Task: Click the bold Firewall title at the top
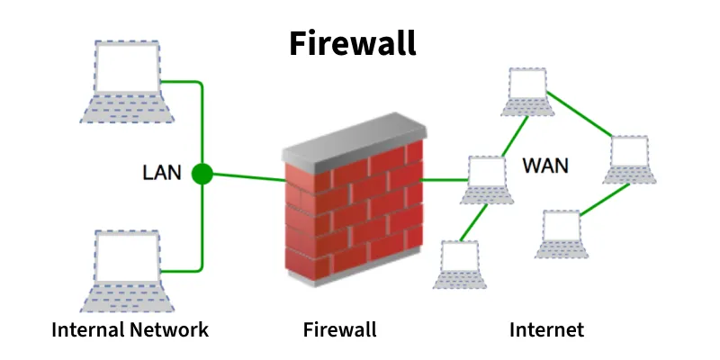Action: (x=353, y=42)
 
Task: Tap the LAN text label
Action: (x=162, y=173)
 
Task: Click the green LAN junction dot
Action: (x=202, y=173)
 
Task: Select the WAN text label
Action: (x=545, y=166)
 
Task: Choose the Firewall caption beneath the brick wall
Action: (x=339, y=329)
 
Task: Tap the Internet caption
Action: (x=546, y=329)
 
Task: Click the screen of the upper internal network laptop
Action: (x=127, y=67)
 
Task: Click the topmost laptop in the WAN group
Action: (x=527, y=90)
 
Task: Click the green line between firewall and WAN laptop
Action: (x=443, y=180)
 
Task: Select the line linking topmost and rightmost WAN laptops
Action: (x=581, y=116)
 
